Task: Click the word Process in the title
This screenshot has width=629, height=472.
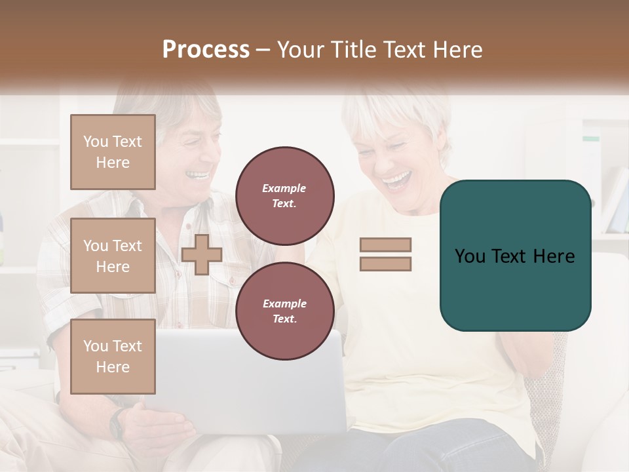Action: tap(206, 50)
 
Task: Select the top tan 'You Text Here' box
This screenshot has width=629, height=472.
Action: tap(113, 152)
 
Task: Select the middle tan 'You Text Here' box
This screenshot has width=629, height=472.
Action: tap(113, 256)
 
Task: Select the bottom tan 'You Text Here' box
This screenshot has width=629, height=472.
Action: tap(113, 356)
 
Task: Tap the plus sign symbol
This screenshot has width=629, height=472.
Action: tap(202, 254)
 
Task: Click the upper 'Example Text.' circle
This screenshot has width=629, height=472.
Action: tap(284, 195)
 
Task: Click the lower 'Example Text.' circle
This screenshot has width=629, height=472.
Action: tap(284, 311)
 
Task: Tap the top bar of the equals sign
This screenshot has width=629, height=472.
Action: tap(385, 245)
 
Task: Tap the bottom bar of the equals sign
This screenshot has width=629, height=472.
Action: tap(385, 264)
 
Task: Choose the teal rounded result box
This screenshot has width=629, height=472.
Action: tap(515, 255)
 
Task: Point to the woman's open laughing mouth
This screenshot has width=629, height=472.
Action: tap(397, 178)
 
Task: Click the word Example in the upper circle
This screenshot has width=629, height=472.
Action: tap(284, 188)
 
